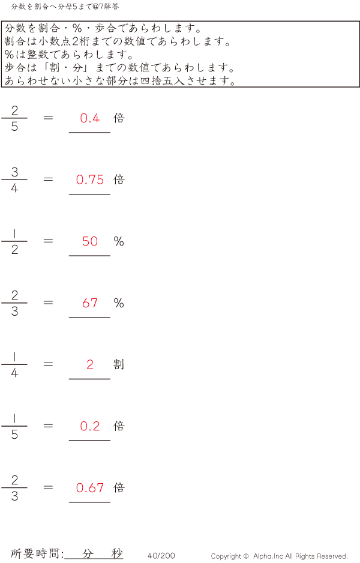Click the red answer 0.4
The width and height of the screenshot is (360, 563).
[90, 118]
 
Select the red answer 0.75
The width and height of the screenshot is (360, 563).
[90, 179]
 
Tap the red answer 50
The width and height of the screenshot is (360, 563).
[90, 241]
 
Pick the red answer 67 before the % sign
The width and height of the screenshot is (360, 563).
[90, 303]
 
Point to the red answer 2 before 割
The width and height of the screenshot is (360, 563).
[90, 364]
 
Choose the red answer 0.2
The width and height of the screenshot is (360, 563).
[90, 426]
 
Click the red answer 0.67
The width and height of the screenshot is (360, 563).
[90, 487]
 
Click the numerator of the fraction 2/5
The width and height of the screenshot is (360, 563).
[15, 110]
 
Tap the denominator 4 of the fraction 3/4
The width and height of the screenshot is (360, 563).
[15, 188]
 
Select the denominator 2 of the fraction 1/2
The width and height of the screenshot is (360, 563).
[15, 250]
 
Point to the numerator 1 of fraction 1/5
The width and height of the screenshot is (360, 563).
[14, 418]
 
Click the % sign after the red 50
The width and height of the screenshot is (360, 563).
[119, 241]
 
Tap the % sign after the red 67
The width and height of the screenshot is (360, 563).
[119, 303]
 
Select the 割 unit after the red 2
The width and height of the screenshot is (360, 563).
[119, 364]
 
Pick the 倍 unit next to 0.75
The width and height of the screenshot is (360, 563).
[119, 179]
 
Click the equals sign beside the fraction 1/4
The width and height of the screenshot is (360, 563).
[48, 364]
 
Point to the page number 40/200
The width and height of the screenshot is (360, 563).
[161, 555]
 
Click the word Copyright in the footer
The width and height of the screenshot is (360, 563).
[226, 556]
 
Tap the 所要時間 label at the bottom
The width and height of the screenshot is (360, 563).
[34, 553]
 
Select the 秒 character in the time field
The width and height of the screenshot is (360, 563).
[117, 553]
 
